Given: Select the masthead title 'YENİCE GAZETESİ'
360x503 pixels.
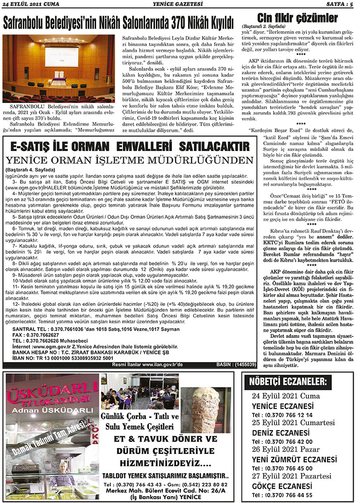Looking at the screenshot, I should (x=179, y=4).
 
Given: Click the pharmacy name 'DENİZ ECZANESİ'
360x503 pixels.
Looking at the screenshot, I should (x=281, y=433).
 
